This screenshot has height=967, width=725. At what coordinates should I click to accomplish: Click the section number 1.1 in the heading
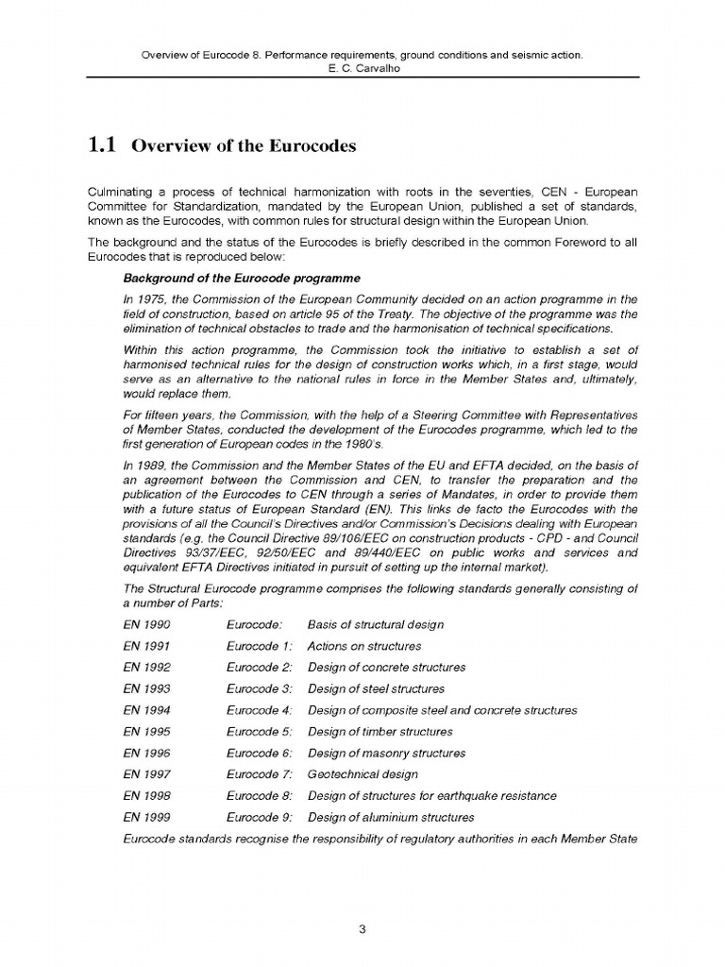pyautogui.click(x=101, y=145)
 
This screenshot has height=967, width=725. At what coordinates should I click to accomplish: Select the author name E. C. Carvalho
pyautogui.click(x=362, y=69)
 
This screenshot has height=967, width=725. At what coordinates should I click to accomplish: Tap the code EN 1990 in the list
pyautogui.click(x=146, y=625)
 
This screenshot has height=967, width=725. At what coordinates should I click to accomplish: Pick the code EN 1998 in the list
pyautogui.click(x=146, y=796)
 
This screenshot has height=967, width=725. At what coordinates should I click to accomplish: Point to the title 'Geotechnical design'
pyautogui.click(x=362, y=774)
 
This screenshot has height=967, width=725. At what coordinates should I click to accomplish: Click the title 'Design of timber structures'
pyautogui.click(x=380, y=732)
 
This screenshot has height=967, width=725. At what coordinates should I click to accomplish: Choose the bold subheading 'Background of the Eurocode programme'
pyautogui.click(x=241, y=279)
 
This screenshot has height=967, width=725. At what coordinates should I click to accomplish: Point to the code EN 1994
pyautogui.click(x=146, y=710)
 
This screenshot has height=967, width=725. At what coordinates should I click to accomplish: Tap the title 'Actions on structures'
pyautogui.click(x=364, y=647)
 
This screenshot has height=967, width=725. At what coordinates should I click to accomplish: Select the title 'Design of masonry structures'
pyautogui.click(x=386, y=754)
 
